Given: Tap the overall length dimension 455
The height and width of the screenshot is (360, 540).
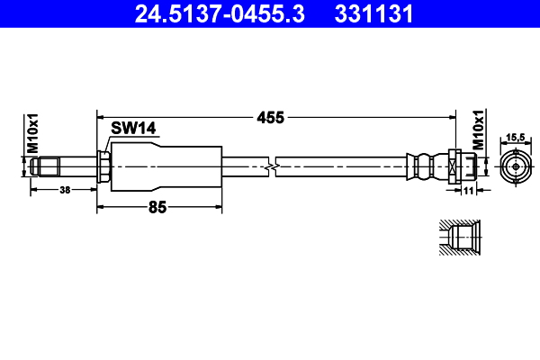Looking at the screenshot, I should click(271, 117).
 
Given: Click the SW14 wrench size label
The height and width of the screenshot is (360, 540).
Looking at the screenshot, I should click(134, 129).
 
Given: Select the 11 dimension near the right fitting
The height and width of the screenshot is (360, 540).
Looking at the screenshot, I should click(468, 190).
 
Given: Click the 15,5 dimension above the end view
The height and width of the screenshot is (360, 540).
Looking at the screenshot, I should click(515, 136).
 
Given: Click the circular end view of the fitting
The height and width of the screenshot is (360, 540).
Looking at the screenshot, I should click(515, 167).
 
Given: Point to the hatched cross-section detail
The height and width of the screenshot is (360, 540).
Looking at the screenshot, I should click(457, 240).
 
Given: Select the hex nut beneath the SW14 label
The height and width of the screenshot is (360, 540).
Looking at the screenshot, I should click(104, 167).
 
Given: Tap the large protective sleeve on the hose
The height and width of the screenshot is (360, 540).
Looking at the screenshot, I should click(166, 167).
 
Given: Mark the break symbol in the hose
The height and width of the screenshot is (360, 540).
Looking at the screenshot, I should click(272, 167).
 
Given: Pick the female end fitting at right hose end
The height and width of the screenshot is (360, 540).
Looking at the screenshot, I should click(465, 167).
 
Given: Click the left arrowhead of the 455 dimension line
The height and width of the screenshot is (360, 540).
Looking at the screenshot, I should click(100, 117).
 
